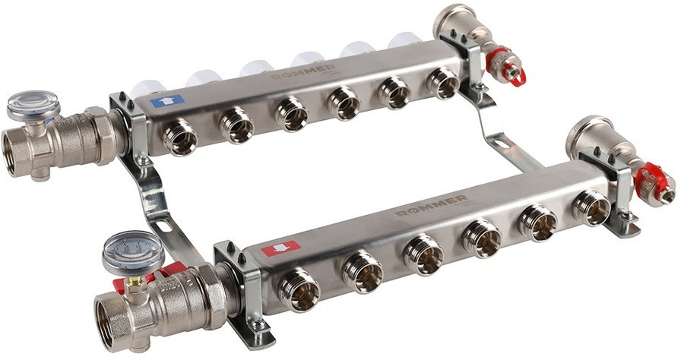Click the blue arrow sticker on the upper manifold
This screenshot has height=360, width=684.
167,100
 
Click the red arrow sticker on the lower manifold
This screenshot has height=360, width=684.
280,248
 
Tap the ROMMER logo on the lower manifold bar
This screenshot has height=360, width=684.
432,205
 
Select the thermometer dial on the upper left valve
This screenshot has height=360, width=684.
33,104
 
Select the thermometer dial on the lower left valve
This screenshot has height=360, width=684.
132,252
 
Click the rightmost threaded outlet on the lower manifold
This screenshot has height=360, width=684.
592,207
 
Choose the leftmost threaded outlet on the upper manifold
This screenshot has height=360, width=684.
181,137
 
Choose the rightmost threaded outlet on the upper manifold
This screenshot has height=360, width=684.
443,83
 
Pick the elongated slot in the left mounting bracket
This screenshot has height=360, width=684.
161,225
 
